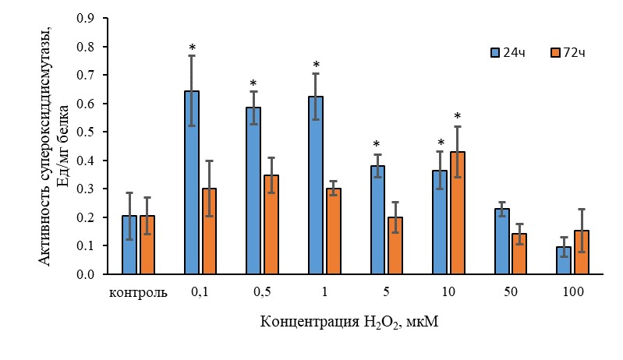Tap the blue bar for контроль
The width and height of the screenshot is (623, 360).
click(129, 245)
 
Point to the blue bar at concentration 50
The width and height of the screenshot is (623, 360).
click(501, 242)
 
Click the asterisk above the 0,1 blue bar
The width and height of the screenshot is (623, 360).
click(192, 49)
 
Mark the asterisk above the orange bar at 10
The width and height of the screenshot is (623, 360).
click(458, 118)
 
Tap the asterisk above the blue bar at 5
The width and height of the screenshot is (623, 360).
click(377, 144)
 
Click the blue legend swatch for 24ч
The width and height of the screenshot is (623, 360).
click(494, 52)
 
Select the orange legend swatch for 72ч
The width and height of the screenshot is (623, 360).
click(555, 52)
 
